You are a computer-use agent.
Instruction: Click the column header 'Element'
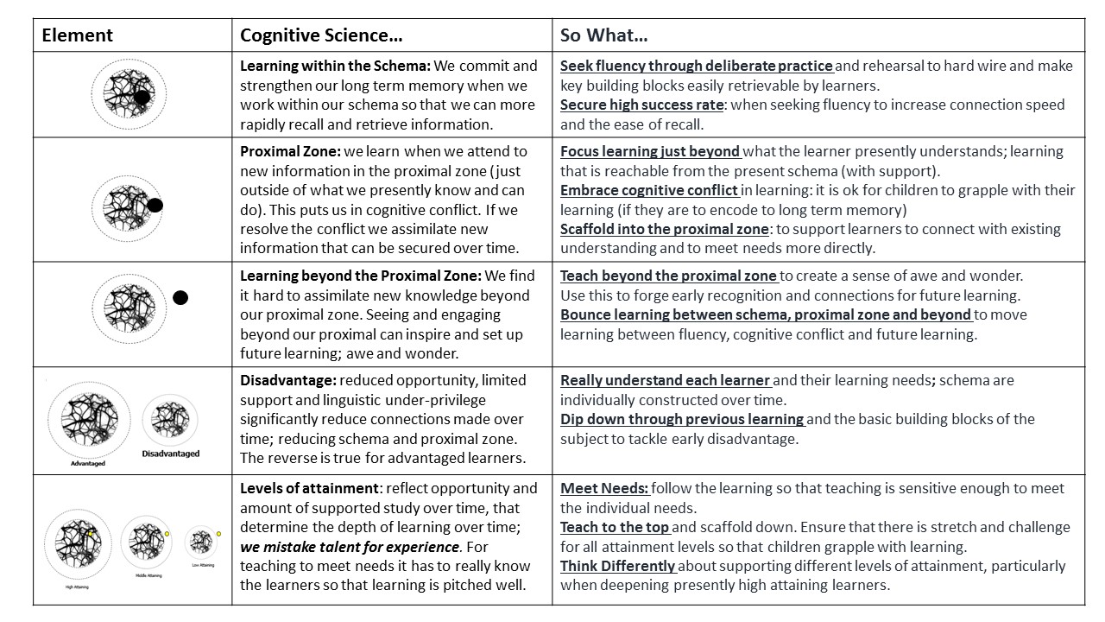tap(78, 35)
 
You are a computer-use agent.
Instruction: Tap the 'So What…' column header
tap(604, 35)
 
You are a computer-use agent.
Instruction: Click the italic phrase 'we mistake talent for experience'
tap(350, 547)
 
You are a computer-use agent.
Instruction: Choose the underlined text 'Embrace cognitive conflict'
tap(649, 190)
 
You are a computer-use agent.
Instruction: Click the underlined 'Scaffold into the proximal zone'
tap(664, 229)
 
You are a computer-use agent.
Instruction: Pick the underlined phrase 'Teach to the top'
tap(614, 527)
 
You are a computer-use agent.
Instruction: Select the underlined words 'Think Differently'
tap(617, 566)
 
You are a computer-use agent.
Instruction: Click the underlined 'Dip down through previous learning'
tap(682, 419)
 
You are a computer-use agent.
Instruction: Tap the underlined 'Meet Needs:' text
tap(604, 488)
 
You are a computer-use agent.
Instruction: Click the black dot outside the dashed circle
tap(180, 298)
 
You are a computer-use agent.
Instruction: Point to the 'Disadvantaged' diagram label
tap(170, 454)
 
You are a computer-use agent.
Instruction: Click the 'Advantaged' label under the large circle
tap(88, 464)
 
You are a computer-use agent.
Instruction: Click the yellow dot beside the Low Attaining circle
tap(219, 534)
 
